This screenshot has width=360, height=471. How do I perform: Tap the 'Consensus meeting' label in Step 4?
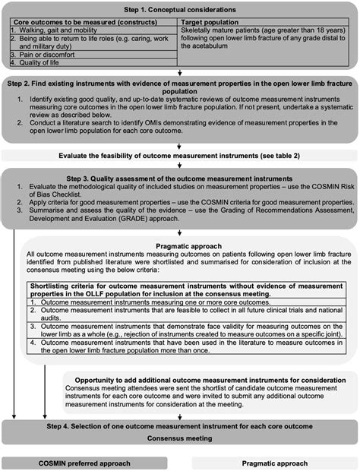(x=179, y=438)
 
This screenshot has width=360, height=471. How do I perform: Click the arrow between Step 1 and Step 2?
(x=179, y=75)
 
